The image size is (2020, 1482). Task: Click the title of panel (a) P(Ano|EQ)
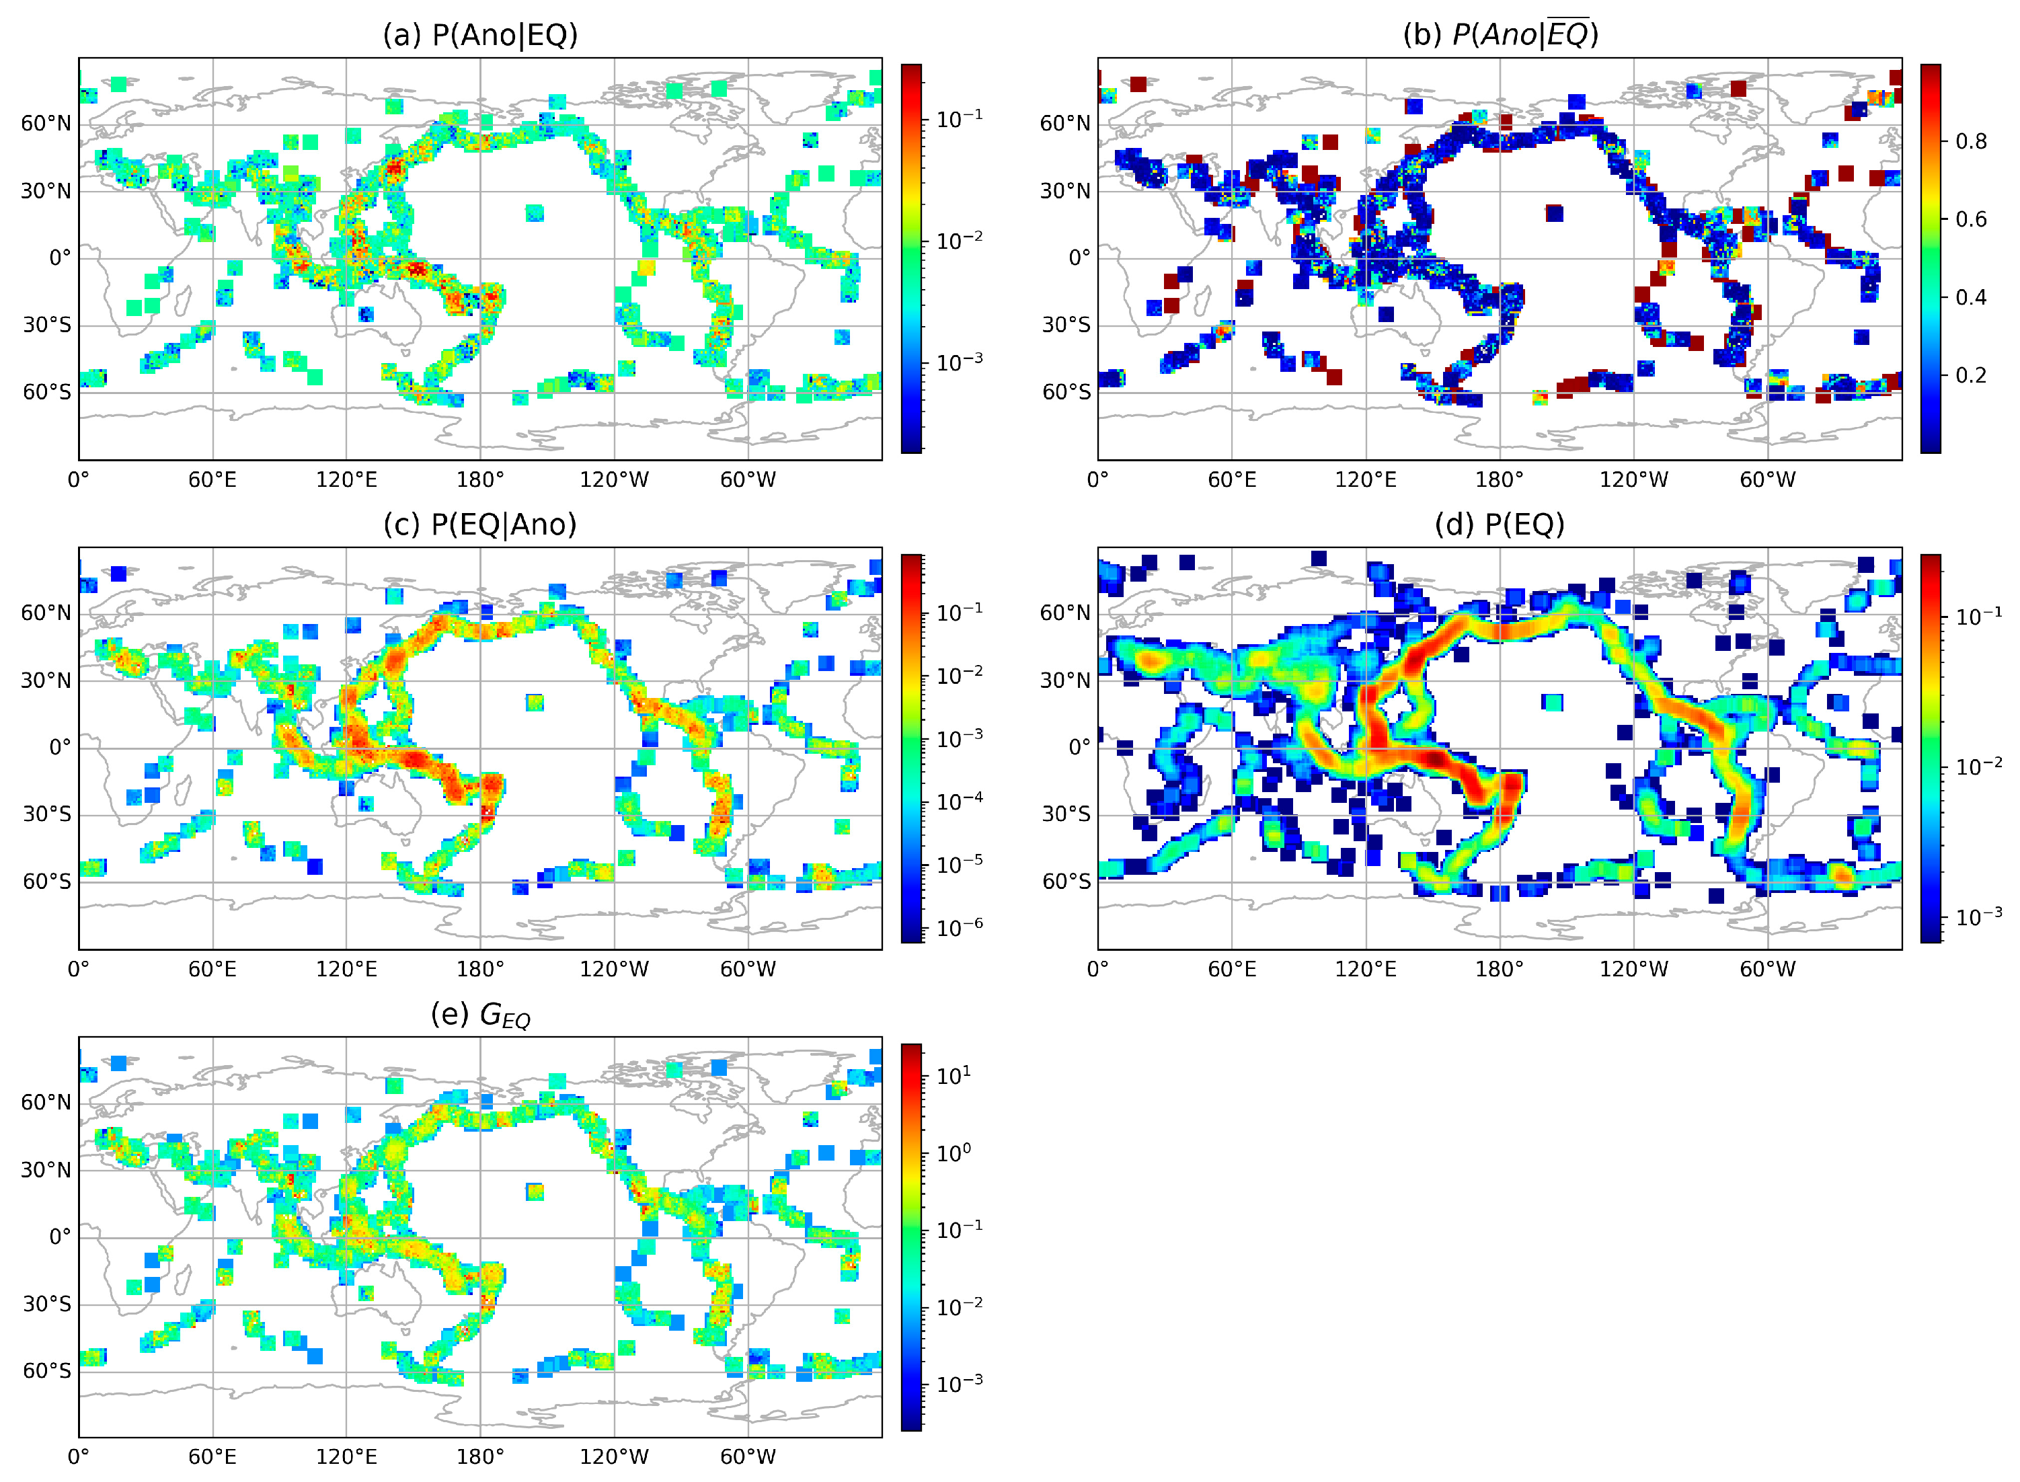coord(480,35)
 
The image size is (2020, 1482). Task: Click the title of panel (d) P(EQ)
coord(1499,524)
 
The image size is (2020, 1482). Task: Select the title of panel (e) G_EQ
coord(480,1015)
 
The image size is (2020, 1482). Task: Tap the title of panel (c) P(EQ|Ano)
coord(480,524)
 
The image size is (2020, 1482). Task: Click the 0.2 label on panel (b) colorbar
coord(1971,375)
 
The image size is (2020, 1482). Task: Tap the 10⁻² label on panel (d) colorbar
coord(1979,766)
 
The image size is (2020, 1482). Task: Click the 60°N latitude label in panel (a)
coord(46,124)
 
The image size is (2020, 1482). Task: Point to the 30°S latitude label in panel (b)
coord(1066,325)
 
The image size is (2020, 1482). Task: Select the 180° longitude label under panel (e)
coord(480,1457)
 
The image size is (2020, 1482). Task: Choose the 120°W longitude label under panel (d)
coord(1633,969)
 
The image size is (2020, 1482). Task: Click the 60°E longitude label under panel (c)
coord(212,969)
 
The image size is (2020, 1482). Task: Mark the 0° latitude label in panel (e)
coord(59,1237)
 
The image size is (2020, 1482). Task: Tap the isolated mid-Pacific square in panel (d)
coord(1553,703)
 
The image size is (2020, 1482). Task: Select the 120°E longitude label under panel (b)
coord(1365,480)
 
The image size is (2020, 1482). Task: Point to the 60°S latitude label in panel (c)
coord(46,881)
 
